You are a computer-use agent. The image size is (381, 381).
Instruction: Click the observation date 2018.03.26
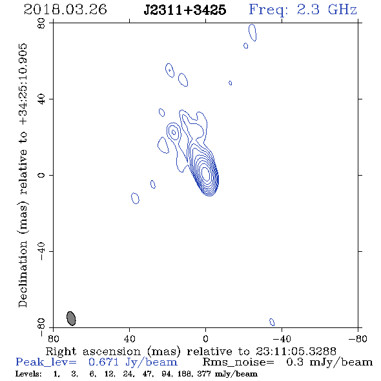click(65, 10)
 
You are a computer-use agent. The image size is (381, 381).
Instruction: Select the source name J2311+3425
click(185, 10)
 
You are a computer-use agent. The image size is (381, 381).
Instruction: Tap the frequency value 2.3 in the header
click(308, 10)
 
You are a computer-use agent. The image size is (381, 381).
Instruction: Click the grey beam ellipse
click(71, 318)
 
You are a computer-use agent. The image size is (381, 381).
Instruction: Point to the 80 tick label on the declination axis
click(41, 23)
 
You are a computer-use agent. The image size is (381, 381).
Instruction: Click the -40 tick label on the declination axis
click(41, 251)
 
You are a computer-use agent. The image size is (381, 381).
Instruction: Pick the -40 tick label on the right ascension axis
click(282, 338)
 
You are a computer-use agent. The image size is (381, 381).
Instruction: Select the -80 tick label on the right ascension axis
click(358, 338)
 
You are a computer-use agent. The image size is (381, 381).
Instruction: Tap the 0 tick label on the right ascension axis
click(205, 338)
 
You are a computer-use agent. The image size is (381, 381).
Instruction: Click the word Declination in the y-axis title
click(23, 274)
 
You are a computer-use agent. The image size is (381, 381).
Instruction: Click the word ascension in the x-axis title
click(112, 351)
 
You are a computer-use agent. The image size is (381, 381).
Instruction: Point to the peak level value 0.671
click(104, 362)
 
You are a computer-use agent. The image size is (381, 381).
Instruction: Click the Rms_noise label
click(238, 362)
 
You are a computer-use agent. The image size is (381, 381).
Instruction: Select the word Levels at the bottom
click(28, 374)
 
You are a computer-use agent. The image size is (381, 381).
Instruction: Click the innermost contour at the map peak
click(205, 174)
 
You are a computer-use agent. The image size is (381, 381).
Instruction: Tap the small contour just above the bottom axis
click(272, 322)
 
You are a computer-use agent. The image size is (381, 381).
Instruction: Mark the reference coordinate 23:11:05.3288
click(296, 351)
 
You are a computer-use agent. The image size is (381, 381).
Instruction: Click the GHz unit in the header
click(342, 10)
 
